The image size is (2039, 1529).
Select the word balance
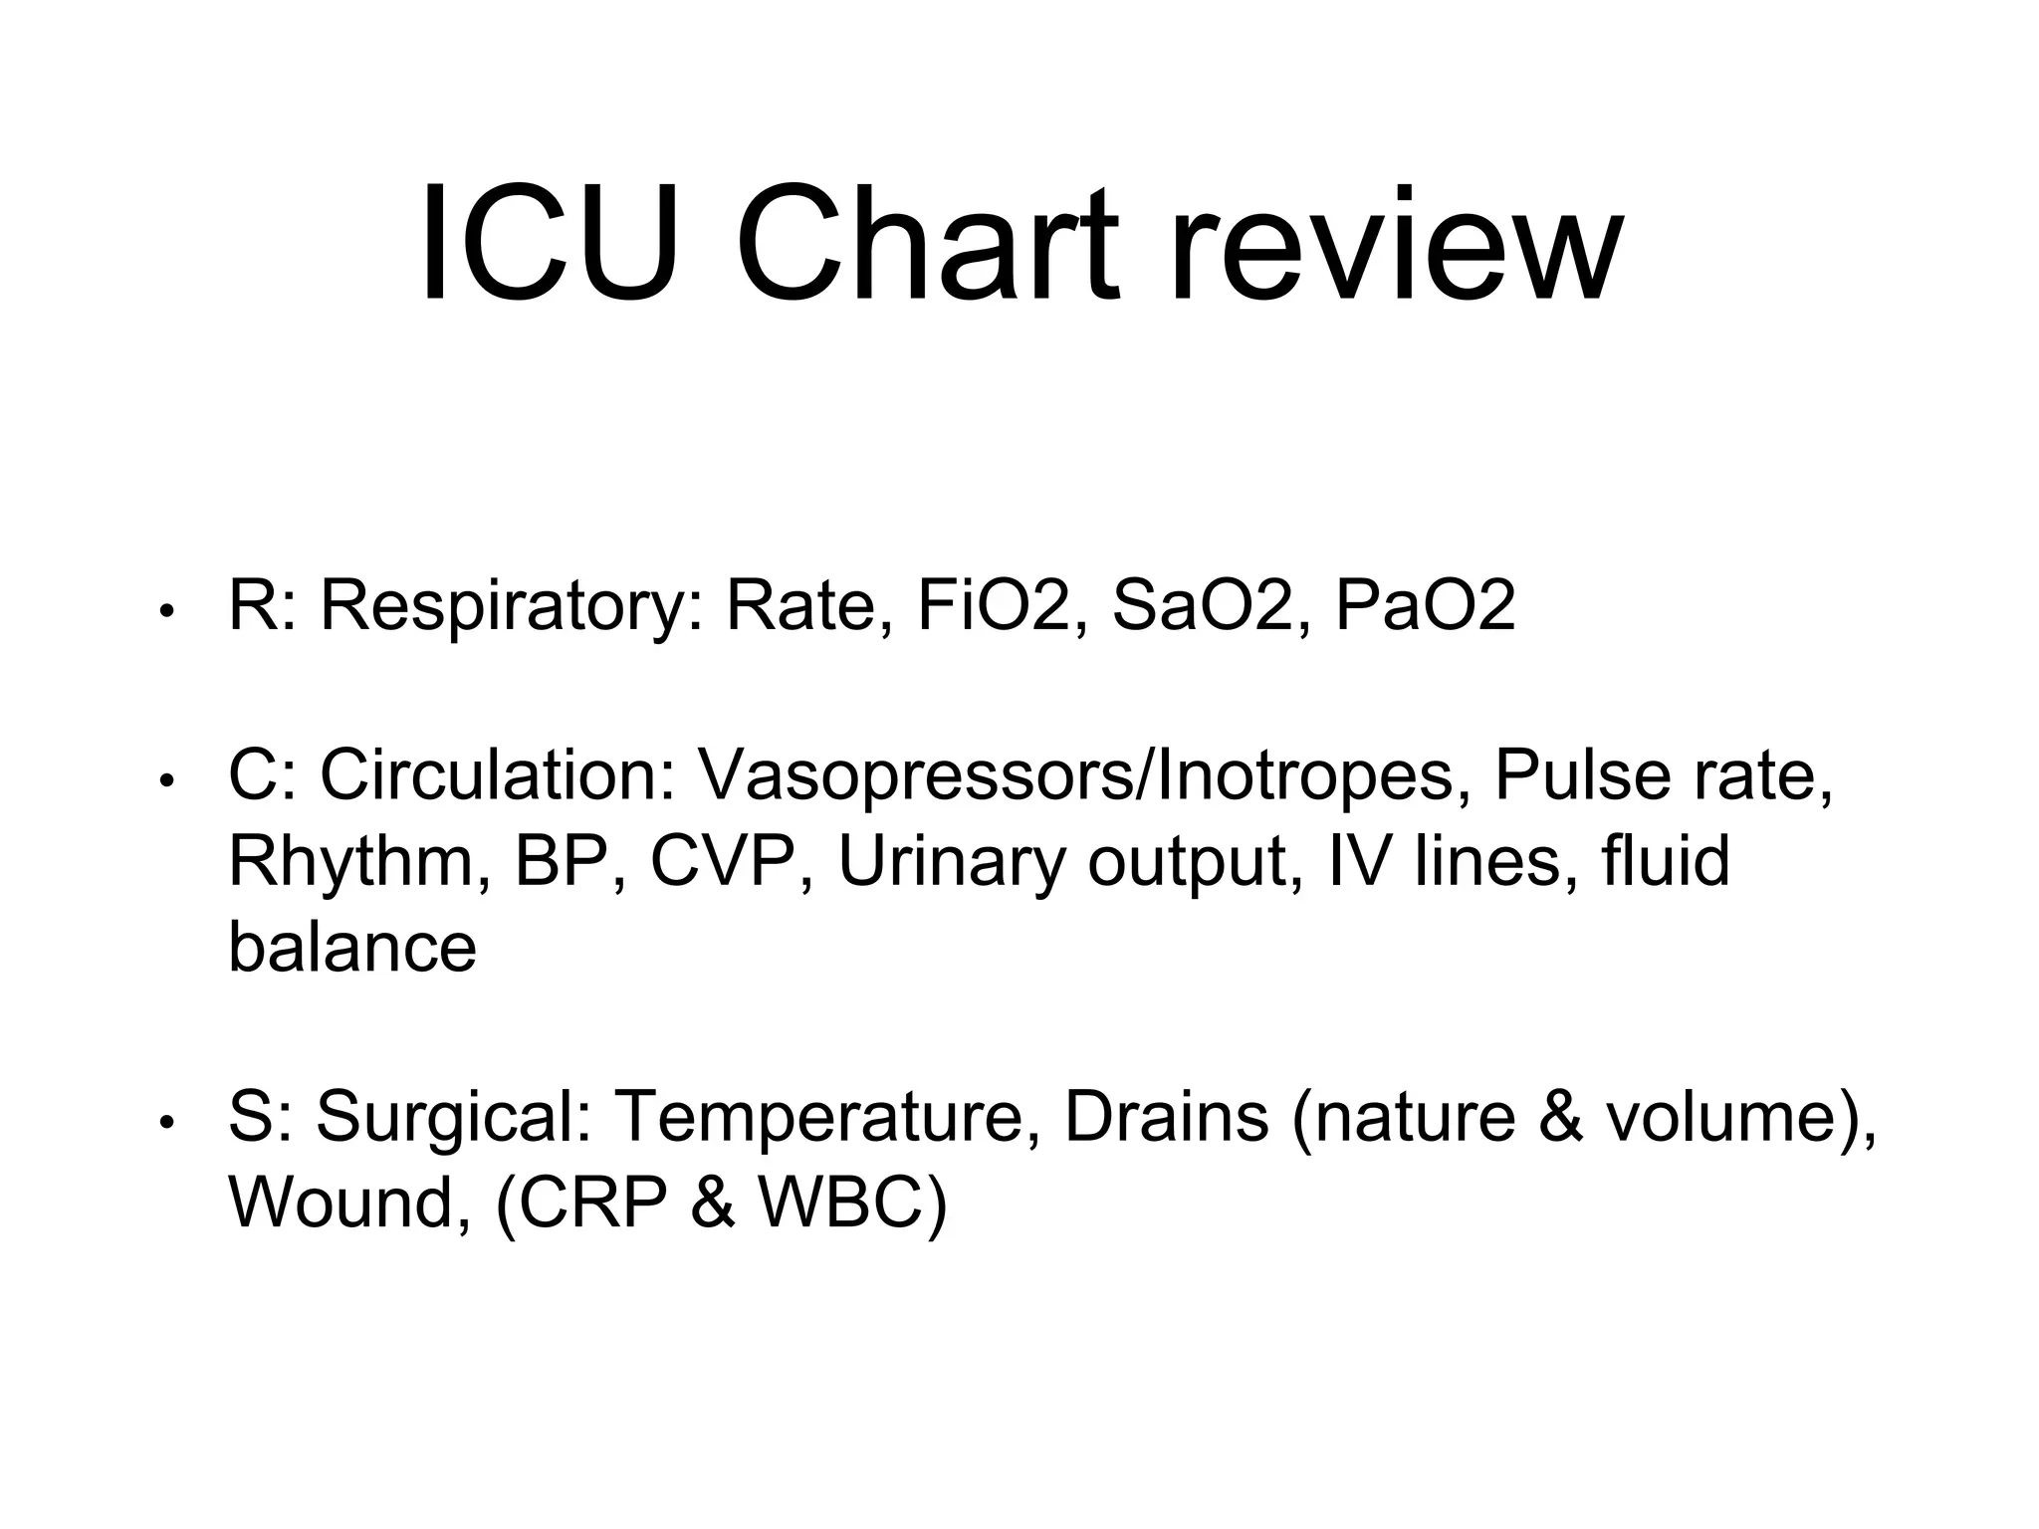pos(352,946)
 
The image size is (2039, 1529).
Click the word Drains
pos(1166,1116)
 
